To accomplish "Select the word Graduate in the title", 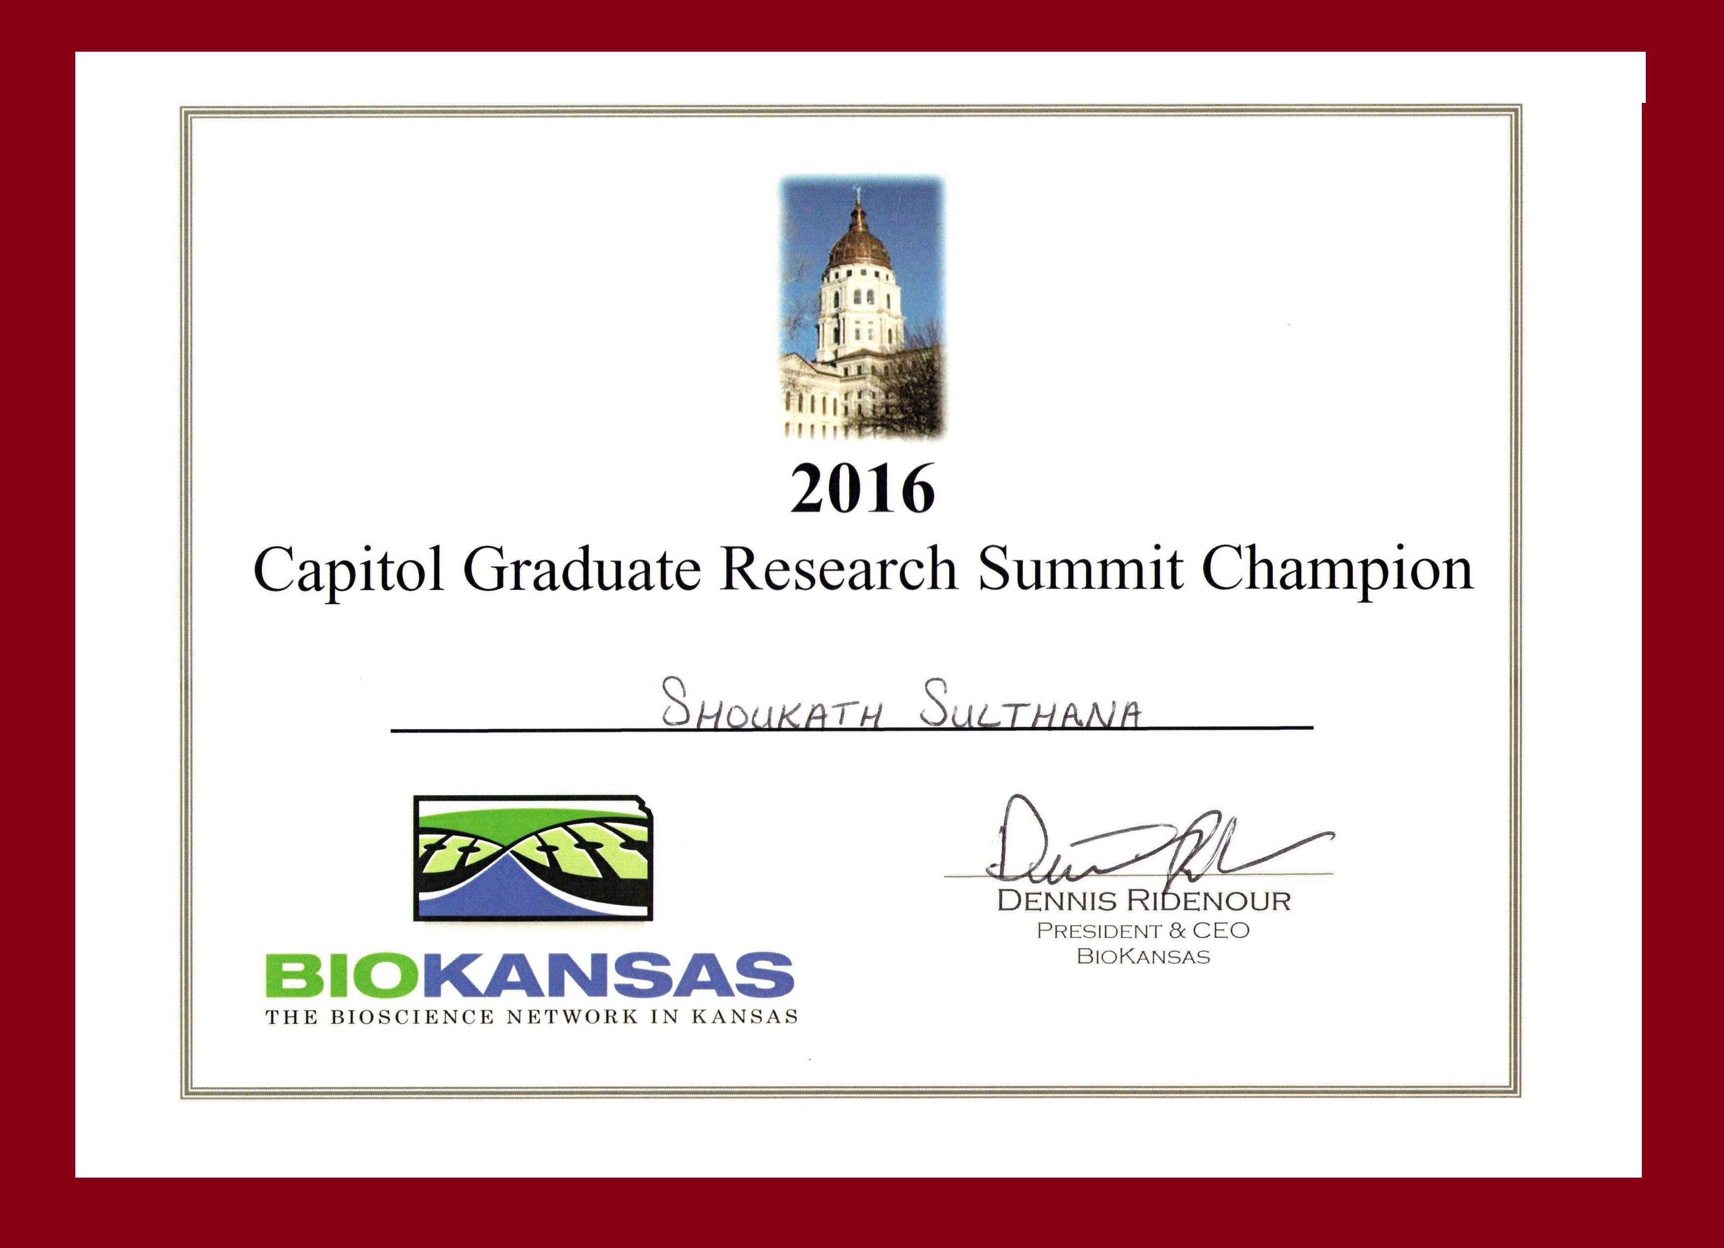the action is point(582,570).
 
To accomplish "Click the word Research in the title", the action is point(838,570).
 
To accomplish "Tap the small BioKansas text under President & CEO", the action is point(1143,957).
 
